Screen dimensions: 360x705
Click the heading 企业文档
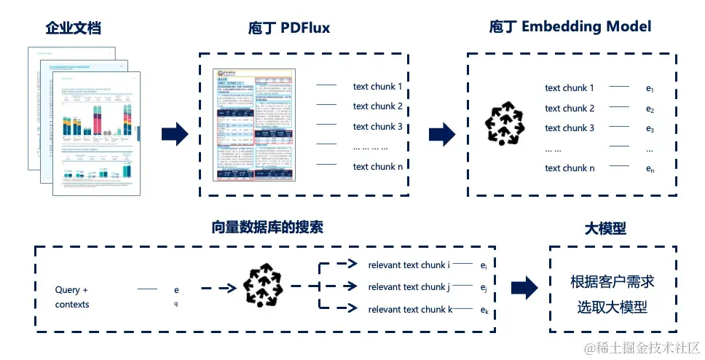[x=73, y=28]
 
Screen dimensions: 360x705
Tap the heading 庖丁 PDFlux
[x=289, y=28]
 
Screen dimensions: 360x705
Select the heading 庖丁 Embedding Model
[x=570, y=27]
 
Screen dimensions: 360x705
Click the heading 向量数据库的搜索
[x=267, y=227]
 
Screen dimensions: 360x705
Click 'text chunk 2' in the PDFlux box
[x=377, y=106]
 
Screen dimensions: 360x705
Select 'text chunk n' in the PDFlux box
[x=377, y=166]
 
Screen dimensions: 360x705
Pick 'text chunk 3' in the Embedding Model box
[x=570, y=128]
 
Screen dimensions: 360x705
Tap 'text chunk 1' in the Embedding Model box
[x=570, y=88]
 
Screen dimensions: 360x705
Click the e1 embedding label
[x=650, y=89]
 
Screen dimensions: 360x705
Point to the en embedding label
[x=650, y=169]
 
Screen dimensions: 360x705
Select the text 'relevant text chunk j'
[x=409, y=287]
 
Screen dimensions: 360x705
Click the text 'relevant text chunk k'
[x=410, y=310]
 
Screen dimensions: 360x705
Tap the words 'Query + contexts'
[x=72, y=297]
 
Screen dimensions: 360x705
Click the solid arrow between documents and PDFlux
[x=175, y=133]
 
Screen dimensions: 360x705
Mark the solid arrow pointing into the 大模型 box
[x=524, y=287]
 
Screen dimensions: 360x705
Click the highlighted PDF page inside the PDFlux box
[x=255, y=125]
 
